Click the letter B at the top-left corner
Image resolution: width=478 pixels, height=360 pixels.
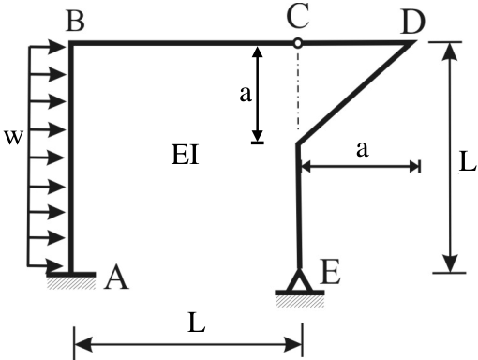75,21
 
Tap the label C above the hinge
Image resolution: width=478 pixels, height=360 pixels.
298,15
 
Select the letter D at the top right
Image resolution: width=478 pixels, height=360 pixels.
412,22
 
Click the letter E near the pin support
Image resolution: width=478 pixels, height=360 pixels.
330,272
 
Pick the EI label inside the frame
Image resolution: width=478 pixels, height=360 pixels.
186,154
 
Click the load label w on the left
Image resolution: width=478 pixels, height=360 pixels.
13,137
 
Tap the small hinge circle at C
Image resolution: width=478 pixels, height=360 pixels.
298,43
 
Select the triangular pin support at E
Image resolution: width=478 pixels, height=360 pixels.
299,280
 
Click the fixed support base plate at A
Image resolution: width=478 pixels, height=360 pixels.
71,275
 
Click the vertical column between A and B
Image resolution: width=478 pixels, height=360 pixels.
71,157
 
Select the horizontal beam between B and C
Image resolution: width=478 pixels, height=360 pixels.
183,43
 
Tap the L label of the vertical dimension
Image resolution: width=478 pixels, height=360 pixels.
468,162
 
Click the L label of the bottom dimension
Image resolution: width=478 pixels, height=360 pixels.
197,322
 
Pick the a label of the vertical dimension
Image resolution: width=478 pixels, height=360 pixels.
246,94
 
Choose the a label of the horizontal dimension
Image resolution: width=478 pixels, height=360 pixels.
363,149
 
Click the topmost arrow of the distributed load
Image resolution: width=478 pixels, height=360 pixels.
47,47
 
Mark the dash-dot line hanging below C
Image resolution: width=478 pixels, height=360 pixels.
298,88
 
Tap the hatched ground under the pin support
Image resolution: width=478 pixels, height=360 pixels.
300,302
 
